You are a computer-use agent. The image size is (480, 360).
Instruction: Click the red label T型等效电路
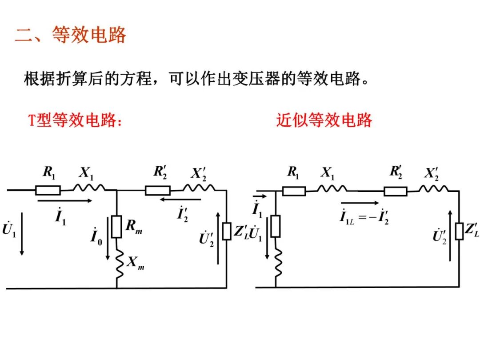click(75, 120)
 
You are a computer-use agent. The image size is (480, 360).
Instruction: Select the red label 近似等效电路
click(324, 120)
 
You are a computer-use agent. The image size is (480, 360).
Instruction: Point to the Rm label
click(133, 227)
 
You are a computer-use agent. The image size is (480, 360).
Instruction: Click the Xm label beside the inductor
click(135, 263)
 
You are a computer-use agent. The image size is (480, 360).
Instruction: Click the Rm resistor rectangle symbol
click(116, 227)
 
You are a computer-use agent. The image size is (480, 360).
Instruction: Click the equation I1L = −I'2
click(364, 217)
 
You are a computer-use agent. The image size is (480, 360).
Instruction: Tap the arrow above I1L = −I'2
click(363, 203)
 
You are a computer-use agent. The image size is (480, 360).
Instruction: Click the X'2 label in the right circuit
click(430, 173)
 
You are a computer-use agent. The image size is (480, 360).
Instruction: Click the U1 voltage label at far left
click(9, 230)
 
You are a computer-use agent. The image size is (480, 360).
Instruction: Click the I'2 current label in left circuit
click(183, 214)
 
